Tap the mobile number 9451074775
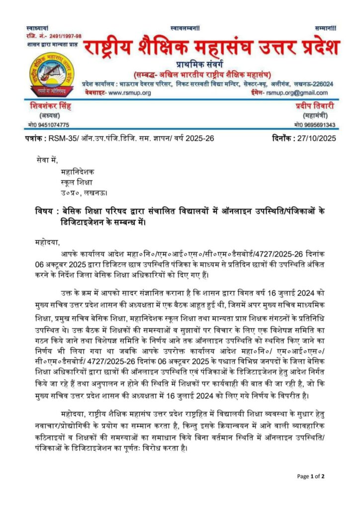51,125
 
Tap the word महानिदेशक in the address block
73,172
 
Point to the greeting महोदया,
47,243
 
